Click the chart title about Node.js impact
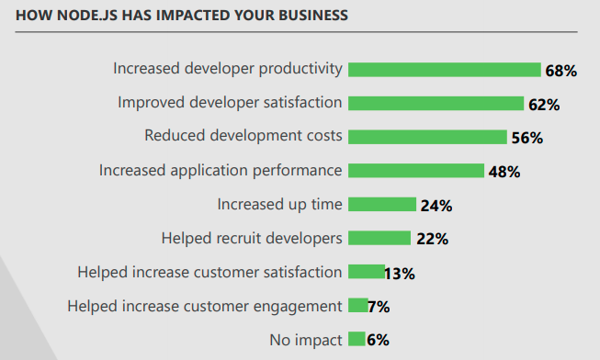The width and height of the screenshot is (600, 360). point(181,17)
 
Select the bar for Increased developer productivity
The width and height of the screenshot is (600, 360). point(444,69)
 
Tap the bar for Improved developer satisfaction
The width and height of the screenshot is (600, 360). point(436,103)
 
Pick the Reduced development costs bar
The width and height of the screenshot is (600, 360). point(427,137)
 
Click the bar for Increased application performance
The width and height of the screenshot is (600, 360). point(416,171)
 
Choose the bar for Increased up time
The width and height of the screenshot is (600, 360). point(382,204)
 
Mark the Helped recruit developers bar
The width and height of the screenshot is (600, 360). point(379,238)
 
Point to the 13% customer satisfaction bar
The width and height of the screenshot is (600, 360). point(367,272)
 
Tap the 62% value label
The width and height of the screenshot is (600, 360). point(543,105)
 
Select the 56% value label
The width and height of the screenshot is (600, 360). point(526,139)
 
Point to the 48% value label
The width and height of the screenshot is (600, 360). point(504,172)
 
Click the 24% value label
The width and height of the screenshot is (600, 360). point(436,206)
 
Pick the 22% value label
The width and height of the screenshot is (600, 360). point(431,240)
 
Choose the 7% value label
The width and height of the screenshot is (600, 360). point(379,307)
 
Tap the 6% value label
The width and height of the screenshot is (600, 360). point(378,341)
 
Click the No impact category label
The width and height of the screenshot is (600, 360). point(306,340)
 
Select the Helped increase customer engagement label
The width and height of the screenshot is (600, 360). point(205,306)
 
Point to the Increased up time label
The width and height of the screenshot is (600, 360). point(279,204)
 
